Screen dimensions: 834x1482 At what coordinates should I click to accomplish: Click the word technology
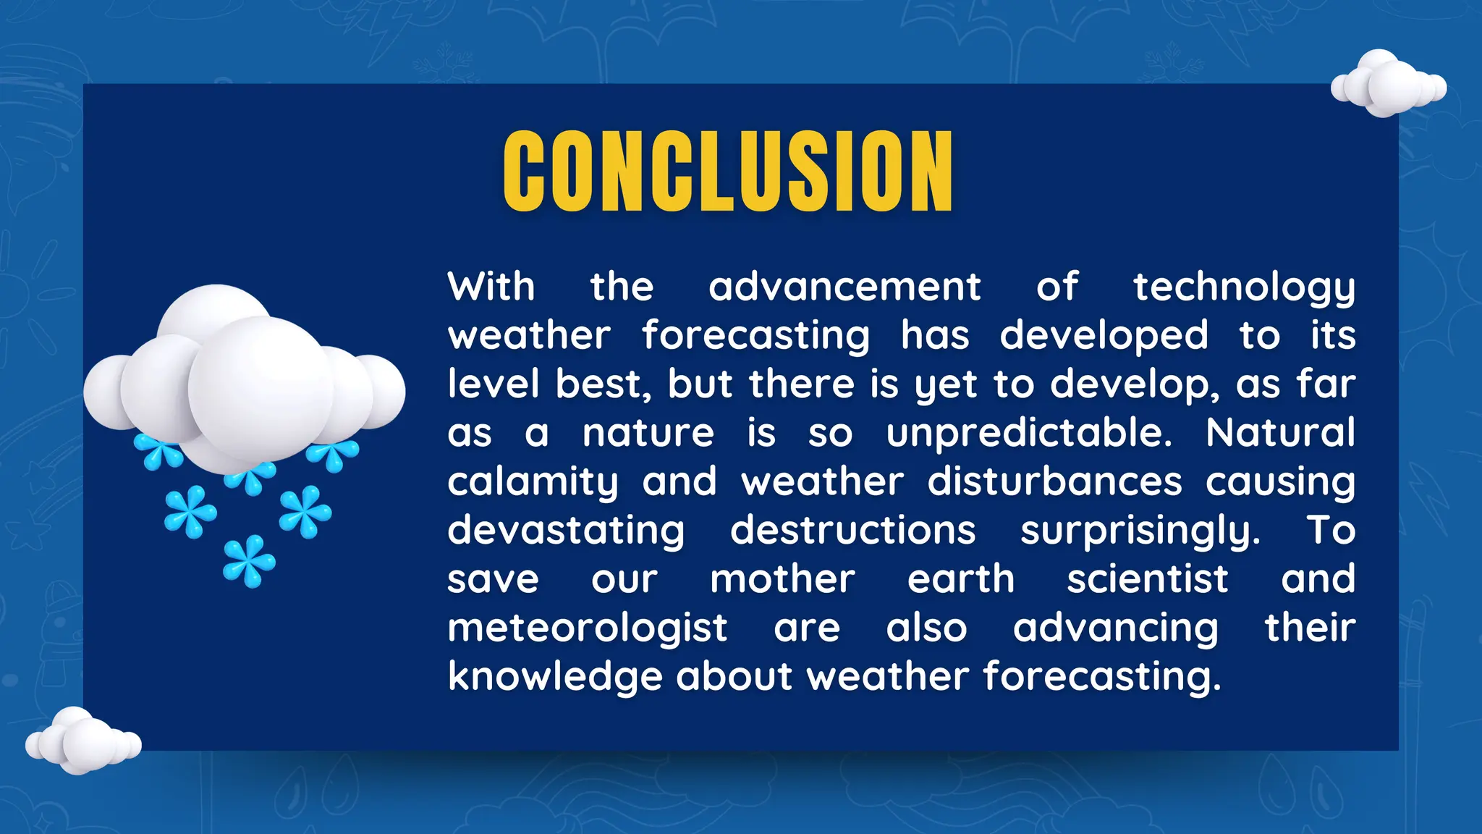(1244, 287)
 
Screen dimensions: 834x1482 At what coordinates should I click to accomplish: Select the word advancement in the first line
(844, 287)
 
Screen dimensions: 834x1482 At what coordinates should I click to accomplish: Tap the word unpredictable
(1028, 433)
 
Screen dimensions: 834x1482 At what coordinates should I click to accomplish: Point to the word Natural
(1280, 432)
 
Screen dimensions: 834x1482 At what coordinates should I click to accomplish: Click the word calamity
(533, 482)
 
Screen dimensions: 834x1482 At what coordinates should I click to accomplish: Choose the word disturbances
(1055, 481)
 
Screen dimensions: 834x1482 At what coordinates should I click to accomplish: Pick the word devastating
(566, 531)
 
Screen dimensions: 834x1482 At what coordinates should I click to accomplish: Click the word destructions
(853, 530)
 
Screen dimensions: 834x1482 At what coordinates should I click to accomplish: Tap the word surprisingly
(1140, 531)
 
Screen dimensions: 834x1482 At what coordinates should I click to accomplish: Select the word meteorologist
(587, 628)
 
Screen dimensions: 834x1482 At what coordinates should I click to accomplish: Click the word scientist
(1147, 579)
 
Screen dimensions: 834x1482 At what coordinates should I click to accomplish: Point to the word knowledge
(555, 677)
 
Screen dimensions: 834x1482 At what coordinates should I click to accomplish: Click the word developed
(1104, 336)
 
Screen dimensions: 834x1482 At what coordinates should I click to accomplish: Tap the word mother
(782, 579)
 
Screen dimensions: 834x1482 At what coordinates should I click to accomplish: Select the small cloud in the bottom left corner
(82, 741)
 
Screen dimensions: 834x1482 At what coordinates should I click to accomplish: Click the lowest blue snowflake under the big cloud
(249, 561)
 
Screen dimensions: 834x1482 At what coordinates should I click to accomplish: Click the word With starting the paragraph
(491, 287)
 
